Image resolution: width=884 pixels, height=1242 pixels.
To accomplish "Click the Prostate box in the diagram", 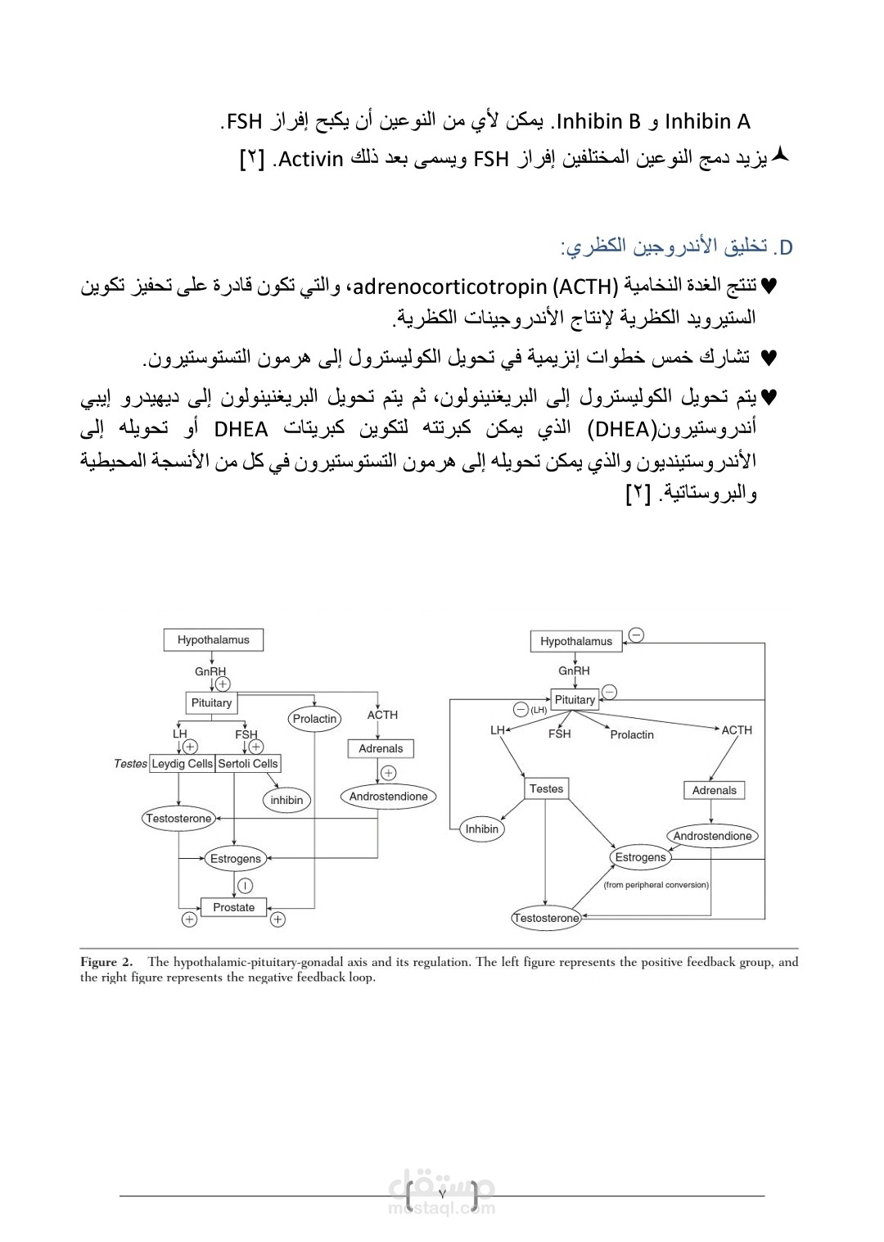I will click(x=234, y=907).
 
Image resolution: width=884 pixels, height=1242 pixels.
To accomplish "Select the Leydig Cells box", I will click(x=183, y=764).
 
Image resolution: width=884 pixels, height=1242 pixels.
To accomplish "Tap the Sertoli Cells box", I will click(x=248, y=764).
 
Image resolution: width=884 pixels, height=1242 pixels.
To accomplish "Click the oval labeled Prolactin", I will click(x=314, y=719).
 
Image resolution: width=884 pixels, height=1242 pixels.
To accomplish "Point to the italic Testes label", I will click(x=130, y=764).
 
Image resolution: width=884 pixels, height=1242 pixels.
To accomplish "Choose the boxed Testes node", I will click(x=546, y=788).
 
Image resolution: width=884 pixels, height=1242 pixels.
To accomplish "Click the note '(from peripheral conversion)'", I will click(x=656, y=885).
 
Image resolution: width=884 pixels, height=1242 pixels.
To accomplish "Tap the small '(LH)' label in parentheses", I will click(x=539, y=711).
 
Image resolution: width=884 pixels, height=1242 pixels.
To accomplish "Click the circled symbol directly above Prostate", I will click(x=245, y=885).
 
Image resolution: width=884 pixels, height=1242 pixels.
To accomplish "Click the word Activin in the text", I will click(x=310, y=159).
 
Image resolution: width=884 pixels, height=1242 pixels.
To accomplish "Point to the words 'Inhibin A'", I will click(x=707, y=122).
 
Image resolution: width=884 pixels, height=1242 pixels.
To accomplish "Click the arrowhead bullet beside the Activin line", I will click(x=780, y=155).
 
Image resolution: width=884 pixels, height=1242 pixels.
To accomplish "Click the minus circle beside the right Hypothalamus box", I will click(x=636, y=635).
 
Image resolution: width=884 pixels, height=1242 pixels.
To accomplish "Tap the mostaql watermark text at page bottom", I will click(x=442, y=1208).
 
